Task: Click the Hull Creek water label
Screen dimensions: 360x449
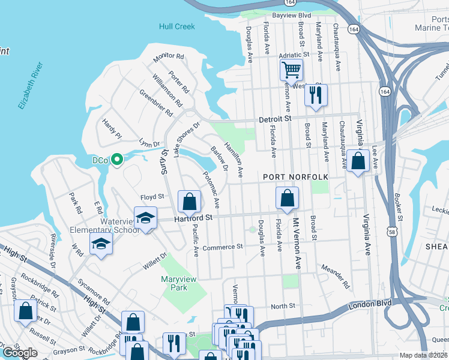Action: click(177, 26)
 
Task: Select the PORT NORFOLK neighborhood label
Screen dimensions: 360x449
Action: click(296, 177)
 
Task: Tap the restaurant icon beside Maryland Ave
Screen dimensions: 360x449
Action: click(315, 95)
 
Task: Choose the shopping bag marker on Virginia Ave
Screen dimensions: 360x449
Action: click(358, 161)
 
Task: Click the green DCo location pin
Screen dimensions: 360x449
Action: click(118, 160)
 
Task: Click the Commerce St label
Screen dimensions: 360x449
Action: click(222, 247)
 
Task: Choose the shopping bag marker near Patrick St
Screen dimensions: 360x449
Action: click(25, 312)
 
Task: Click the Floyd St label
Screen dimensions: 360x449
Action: click(152, 197)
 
